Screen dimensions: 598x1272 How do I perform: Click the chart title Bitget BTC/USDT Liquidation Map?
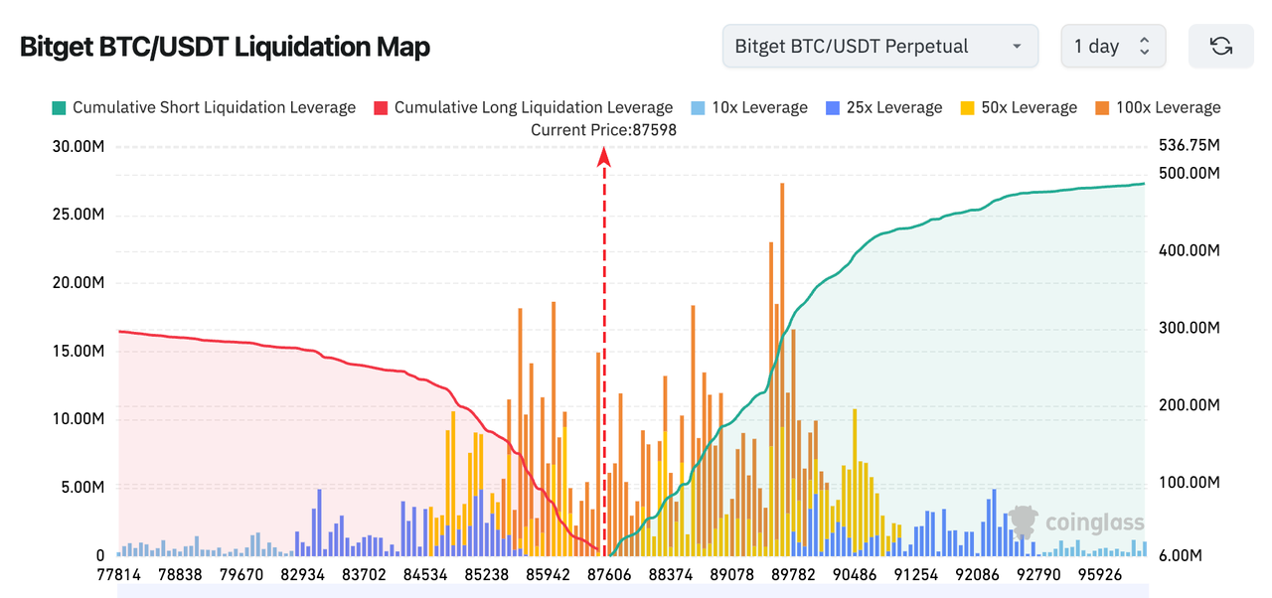(x=225, y=47)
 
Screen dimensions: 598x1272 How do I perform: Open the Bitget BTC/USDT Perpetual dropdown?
(x=879, y=46)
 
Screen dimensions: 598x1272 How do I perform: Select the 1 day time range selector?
(x=1113, y=46)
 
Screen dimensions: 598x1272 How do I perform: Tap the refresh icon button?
(x=1220, y=46)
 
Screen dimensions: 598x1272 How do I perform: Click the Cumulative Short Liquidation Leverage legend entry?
(x=203, y=107)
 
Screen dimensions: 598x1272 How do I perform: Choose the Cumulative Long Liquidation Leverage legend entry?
(x=523, y=107)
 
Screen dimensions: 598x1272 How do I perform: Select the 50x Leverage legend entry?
(x=1019, y=107)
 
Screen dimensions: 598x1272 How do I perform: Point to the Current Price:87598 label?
(x=603, y=129)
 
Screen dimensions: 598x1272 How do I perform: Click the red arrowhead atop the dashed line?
(x=603, y=155)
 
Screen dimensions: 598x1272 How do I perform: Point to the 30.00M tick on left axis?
(x=79, y=147)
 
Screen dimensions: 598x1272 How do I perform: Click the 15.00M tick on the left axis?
(x=79, y=352)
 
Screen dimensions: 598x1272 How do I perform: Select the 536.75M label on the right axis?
(x=1189, y=146)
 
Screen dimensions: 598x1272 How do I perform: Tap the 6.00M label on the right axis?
(x=1181, y=555)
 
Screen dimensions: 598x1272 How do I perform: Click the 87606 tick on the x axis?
(x=605, y=575)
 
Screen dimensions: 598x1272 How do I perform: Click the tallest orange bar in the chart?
(x=782, y=298)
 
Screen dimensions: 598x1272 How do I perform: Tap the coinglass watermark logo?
(x=1076, y=523)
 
